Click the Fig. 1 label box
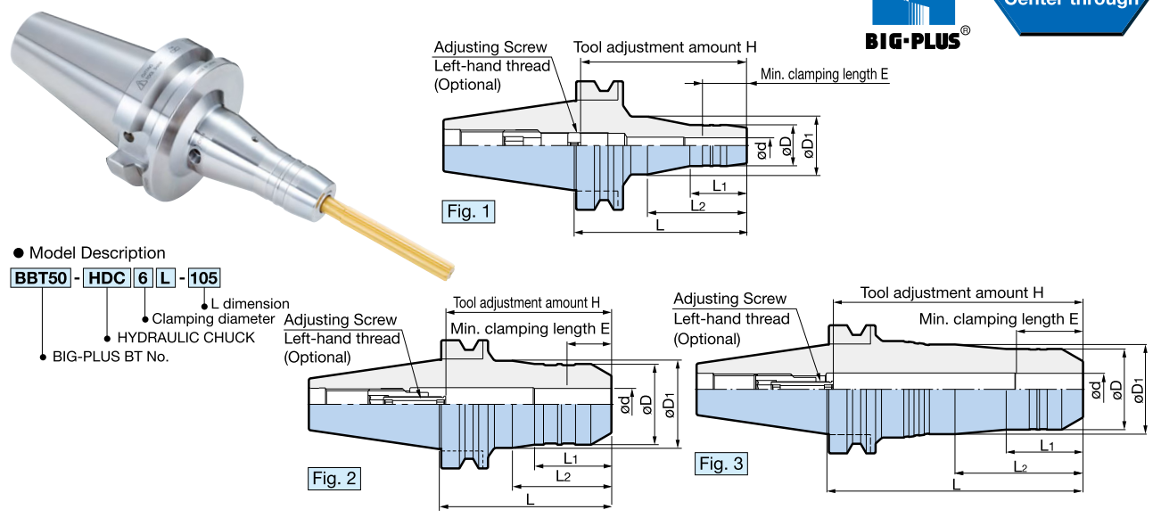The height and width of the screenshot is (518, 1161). [468, 212]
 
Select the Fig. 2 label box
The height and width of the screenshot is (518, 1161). [334, 479]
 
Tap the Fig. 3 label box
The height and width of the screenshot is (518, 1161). [721, 464]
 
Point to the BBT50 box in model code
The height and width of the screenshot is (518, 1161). [40, 277]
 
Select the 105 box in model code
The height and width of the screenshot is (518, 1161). [204, 277]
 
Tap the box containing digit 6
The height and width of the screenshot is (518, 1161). [143, 277]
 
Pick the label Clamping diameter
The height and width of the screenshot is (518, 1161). [213, 318]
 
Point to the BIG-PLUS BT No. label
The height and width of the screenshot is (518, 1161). [110, 357]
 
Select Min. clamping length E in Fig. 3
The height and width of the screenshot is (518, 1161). [999, 319]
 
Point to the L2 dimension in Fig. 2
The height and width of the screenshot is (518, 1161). [564, 476]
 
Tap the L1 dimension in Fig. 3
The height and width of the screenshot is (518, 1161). [1047, 444]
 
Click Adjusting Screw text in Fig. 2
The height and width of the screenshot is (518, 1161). [340, 319]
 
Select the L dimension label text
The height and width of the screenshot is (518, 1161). [250, 303]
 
